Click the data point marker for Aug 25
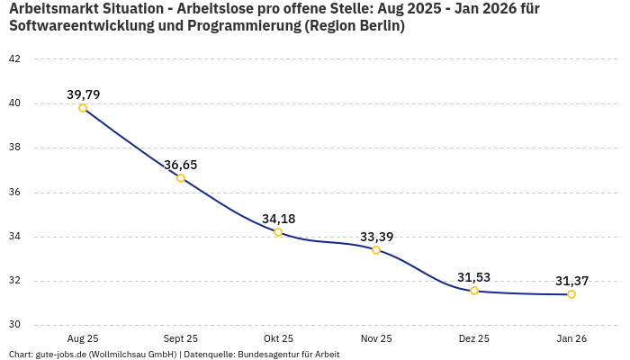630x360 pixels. coord(83,108)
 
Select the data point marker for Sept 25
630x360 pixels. coord(181,178)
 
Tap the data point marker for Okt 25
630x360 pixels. coord(278,232)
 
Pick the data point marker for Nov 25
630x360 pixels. coord(376,250)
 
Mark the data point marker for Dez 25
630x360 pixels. coord(474,291)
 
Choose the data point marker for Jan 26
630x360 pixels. coord(571,294)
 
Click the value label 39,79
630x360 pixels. coord(83,94)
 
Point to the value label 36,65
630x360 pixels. coord(181,165)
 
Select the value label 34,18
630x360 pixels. coord(278,219)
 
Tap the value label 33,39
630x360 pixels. coord(376,237)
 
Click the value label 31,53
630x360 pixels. coord(474,277)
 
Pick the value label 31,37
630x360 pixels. coord(571,281)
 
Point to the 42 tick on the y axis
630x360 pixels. coord(14,59)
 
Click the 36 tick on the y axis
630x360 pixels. coord(14,193)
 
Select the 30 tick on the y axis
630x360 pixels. coord(14,326)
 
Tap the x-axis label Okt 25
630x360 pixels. coord(278,338)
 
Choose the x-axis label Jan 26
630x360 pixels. coord(571,338)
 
